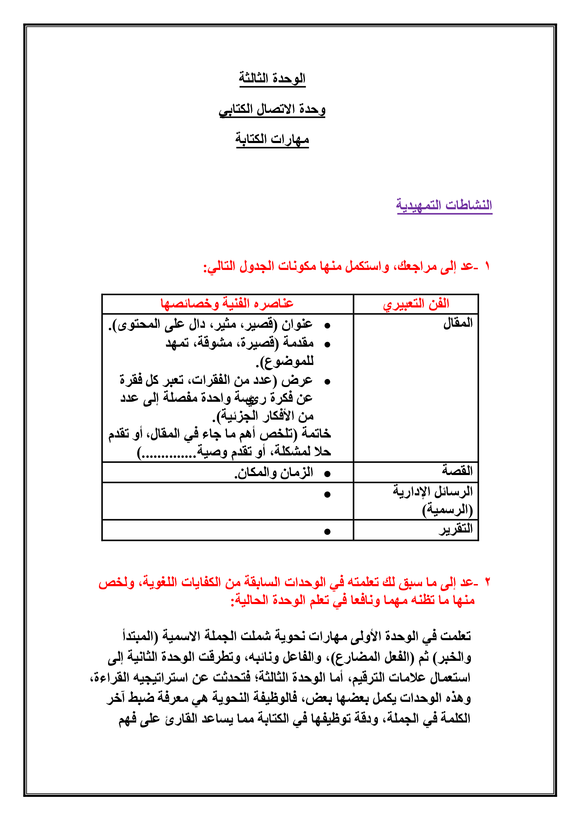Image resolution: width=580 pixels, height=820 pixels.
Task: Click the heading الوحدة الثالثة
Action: (272, 78)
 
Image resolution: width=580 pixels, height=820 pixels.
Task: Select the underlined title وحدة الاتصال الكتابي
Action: (272, 109)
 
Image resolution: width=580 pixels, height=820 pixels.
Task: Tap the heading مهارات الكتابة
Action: (272, 139)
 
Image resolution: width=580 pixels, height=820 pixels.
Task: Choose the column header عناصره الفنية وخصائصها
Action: (227, 304)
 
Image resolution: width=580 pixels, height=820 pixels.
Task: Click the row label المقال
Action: (458, 323)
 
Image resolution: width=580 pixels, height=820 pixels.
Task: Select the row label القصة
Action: (457, 470)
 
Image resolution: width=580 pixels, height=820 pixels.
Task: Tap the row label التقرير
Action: (456, 529)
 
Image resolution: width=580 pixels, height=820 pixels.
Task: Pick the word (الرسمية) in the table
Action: (447, 510)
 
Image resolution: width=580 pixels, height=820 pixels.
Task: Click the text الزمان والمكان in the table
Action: (273, 473)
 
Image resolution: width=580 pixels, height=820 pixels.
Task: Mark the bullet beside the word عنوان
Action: (327, 326)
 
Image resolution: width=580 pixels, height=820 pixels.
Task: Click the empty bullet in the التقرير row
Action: (327, 532)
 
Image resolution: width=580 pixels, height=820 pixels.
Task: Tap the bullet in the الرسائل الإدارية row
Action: (327, 495)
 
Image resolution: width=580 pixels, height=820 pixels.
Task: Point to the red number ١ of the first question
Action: (487, 266)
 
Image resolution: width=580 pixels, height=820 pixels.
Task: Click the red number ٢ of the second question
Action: (487, 583)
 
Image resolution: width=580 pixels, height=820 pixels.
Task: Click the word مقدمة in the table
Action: (298, 343)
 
